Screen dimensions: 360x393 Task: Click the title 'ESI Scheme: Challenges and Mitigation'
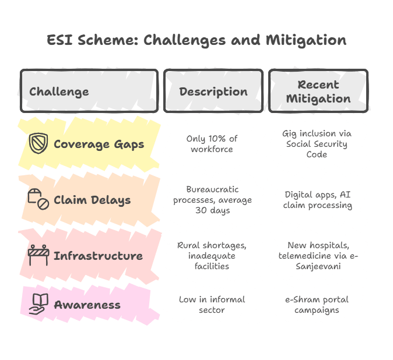pos(196,41)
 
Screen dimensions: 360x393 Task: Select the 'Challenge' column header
pos(59,91)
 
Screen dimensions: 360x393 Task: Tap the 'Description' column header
pos(213,91)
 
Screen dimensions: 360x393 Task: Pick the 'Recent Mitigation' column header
pos(318,91)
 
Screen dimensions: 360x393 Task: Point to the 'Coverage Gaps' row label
pos(99,144)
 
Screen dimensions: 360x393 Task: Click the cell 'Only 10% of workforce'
pos(213,144)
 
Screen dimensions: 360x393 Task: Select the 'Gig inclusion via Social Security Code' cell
pos(318,144)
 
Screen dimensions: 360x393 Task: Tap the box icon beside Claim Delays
pos(38,200)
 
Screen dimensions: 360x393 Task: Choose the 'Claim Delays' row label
pos(92,200)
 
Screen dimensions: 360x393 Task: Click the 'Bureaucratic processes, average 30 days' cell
pos(213,200)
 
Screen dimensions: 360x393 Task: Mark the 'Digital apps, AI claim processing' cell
pos(318,200)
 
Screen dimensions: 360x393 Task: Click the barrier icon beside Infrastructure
pos(38,255)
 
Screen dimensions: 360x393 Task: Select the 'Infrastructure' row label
pos(98,256)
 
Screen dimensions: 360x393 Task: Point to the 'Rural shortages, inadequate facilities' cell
pos(213,255)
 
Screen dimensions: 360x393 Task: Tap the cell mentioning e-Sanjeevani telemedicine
pos(318,255)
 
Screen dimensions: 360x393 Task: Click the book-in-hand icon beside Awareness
pos(38,305)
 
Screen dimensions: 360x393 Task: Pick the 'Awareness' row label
pos(87,305)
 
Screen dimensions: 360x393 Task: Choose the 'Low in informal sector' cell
pos(213,305)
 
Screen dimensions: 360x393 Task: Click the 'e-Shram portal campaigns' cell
pos(318,305)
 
